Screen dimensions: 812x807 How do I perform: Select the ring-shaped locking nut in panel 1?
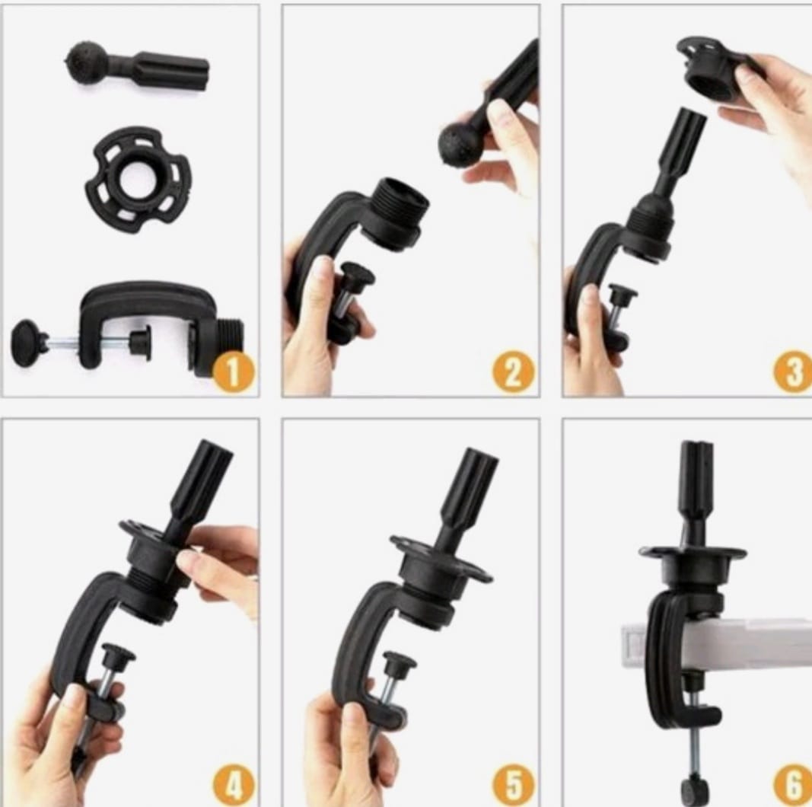tap(139, 179)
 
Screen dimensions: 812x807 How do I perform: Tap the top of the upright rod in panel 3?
tap(691, 116)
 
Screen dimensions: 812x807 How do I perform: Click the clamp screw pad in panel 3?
tap(623, 293)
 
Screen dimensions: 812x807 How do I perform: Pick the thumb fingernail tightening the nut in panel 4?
tap(186, 560)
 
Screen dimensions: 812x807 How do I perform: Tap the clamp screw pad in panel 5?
tap(400, 661)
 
